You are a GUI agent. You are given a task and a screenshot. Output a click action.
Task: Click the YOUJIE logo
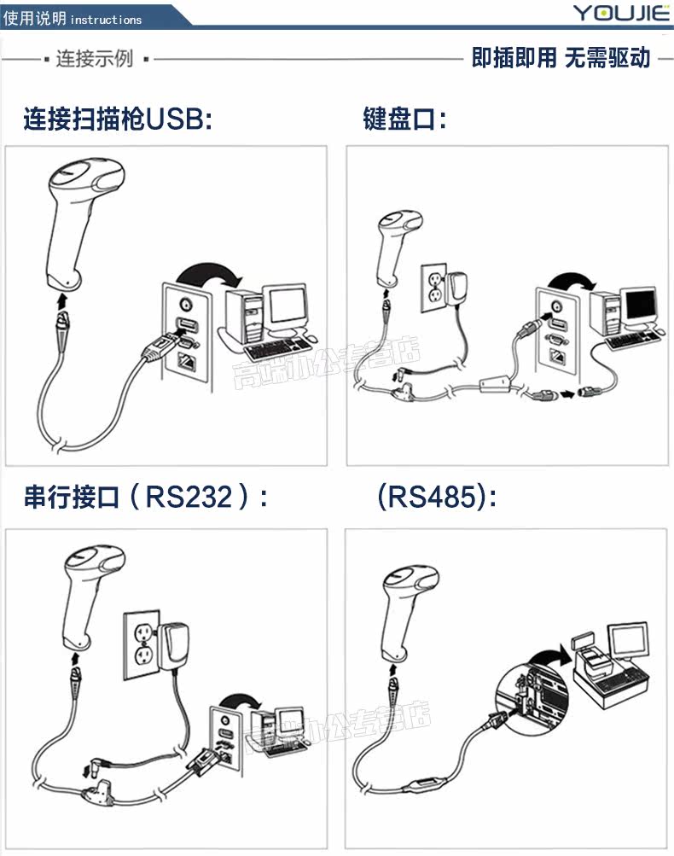click(616, 14)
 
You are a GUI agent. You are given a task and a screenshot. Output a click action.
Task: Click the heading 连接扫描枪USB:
click(118, 119)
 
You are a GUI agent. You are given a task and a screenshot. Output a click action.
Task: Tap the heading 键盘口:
click(404, 119)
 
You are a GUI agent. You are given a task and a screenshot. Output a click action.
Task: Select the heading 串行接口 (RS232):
click(146, 496)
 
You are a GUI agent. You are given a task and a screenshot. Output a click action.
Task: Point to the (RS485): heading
click(438, 496)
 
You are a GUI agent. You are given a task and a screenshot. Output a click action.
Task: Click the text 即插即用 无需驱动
click(561, 58)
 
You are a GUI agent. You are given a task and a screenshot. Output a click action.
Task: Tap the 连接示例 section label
click(94, 59)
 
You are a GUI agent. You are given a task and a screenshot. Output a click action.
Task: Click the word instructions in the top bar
click(106, 19)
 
